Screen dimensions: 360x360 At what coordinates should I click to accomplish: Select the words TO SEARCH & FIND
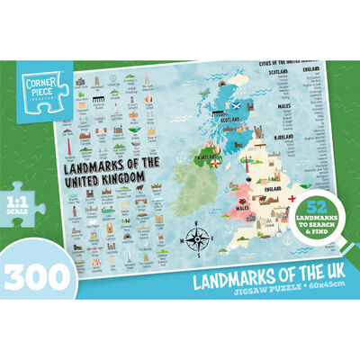pos(317,230)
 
